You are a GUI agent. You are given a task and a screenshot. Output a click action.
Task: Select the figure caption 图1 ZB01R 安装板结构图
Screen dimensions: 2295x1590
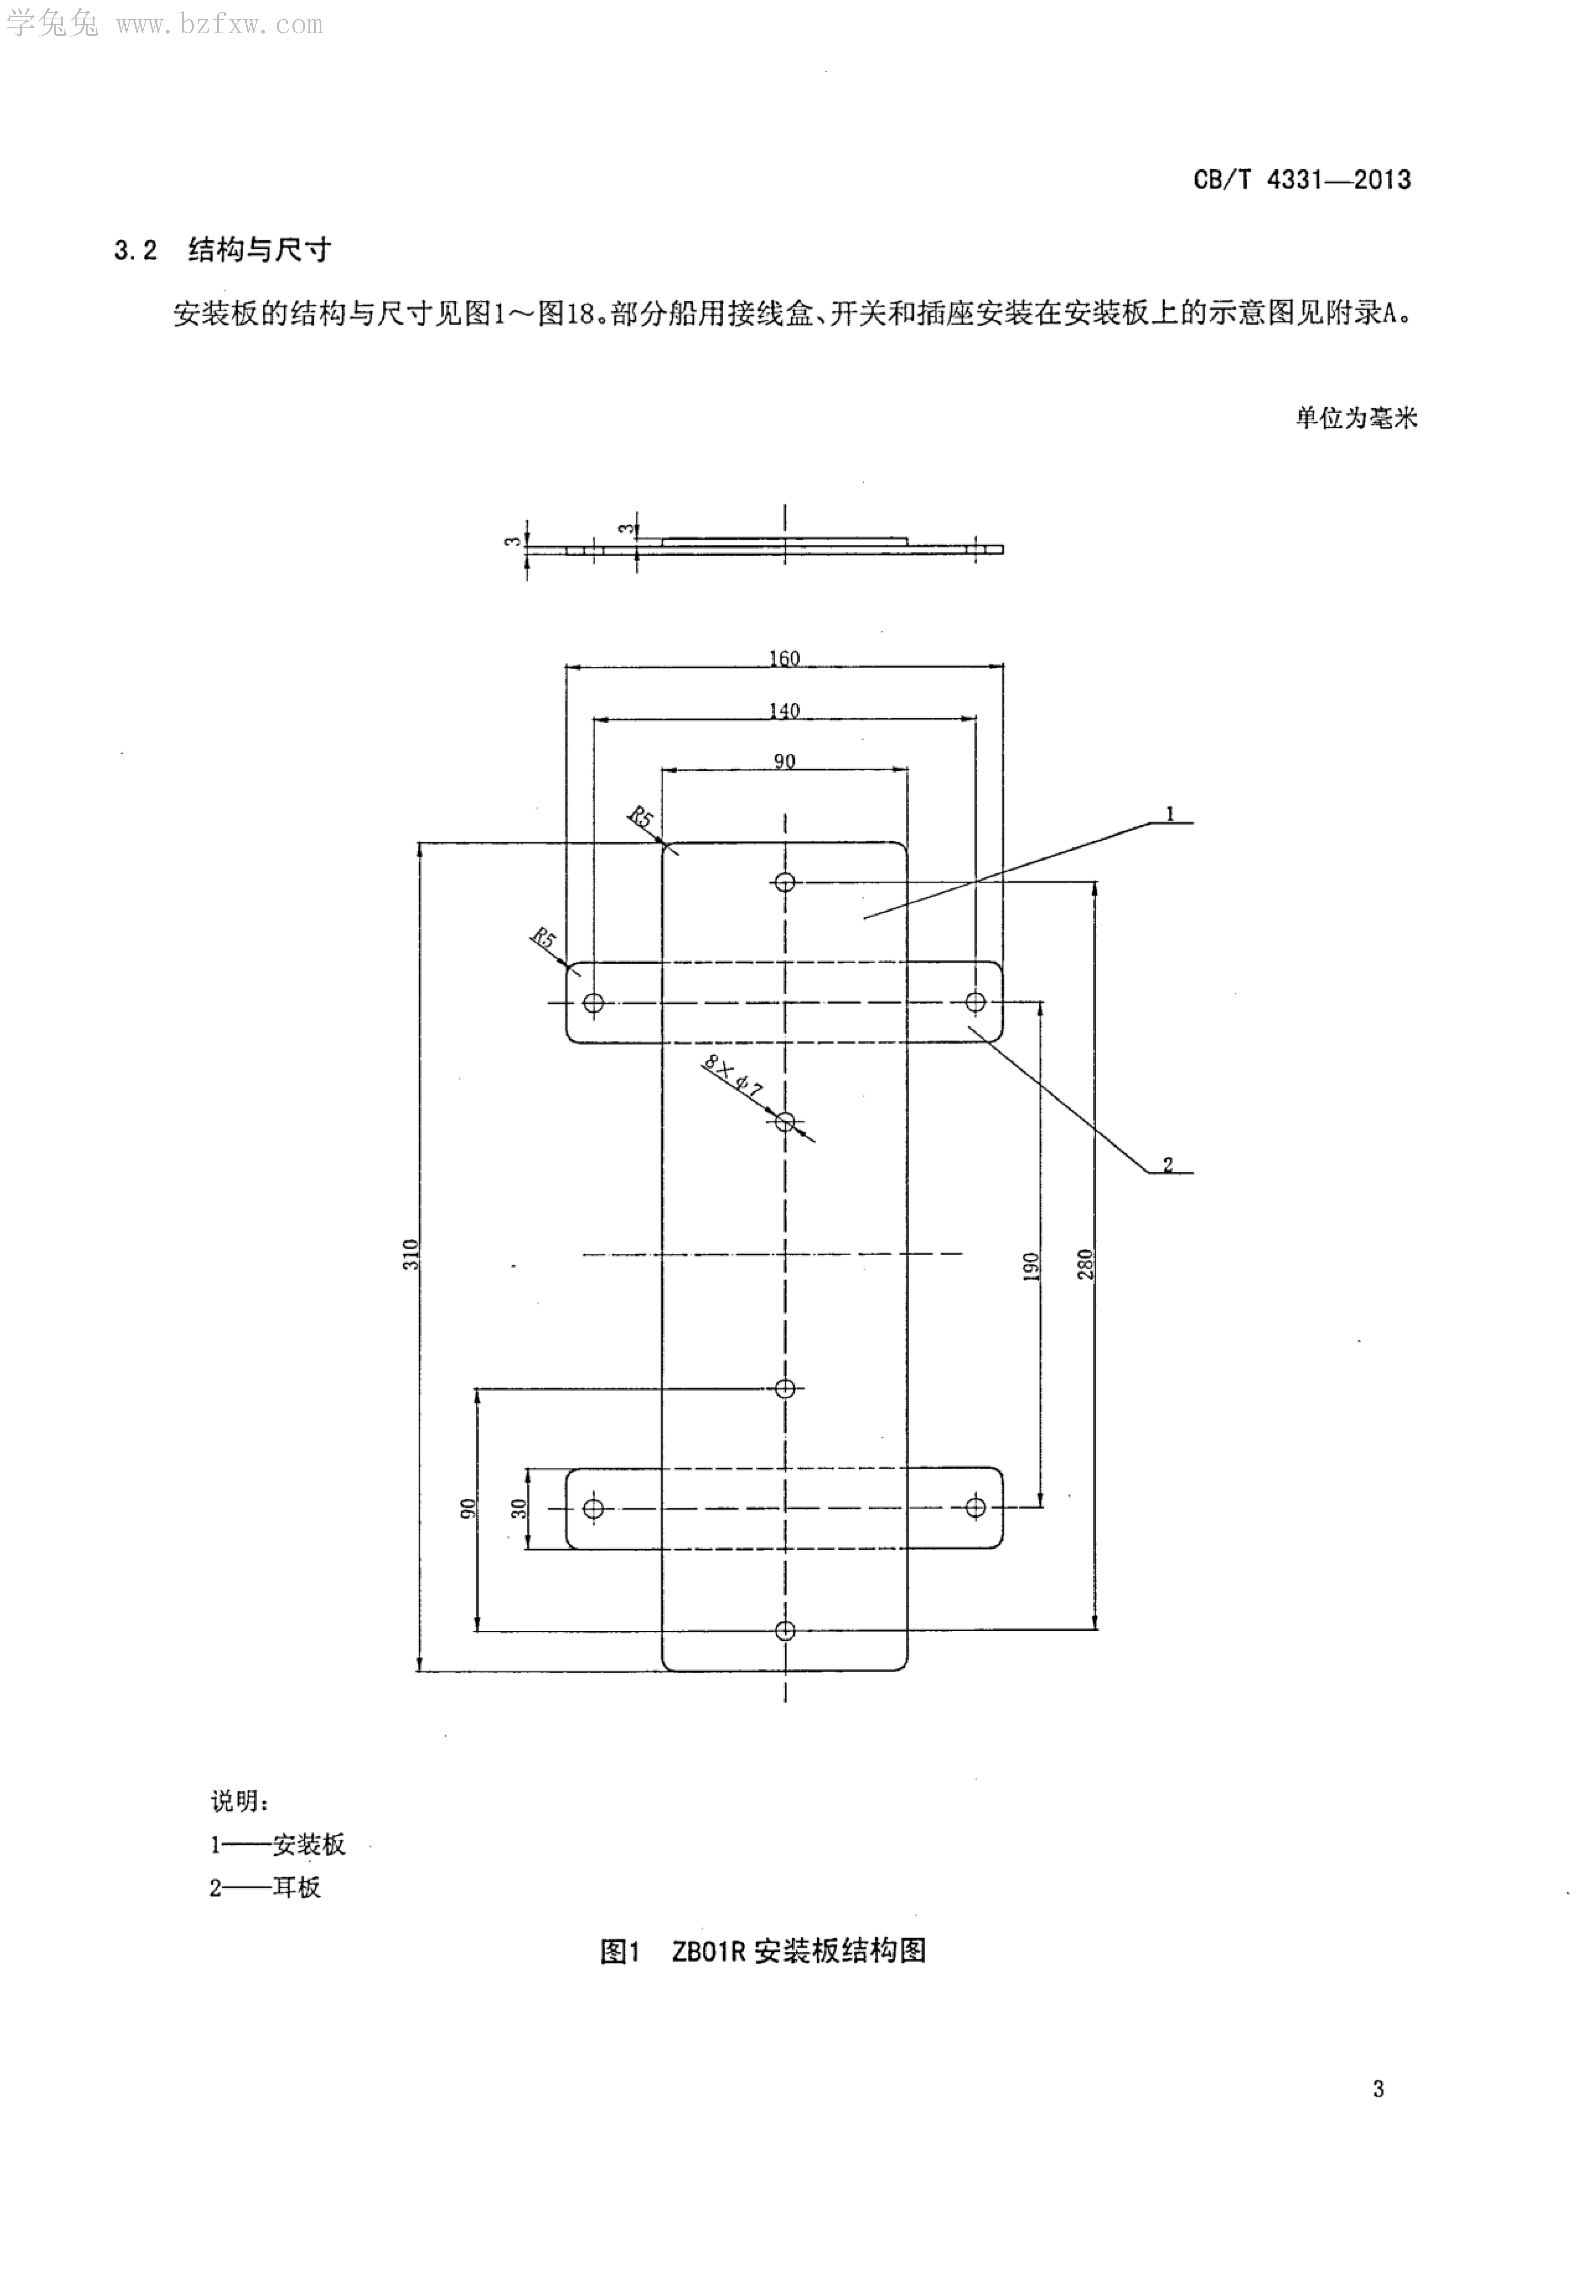(x=763, y=1951)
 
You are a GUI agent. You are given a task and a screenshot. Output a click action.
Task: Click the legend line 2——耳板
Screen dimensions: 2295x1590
(x=265, y=1888)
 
